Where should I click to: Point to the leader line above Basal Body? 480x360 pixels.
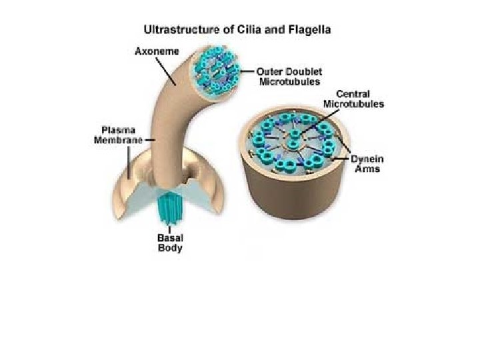tap(169, 228)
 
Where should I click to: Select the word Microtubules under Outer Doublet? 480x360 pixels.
tap(289, 81)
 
